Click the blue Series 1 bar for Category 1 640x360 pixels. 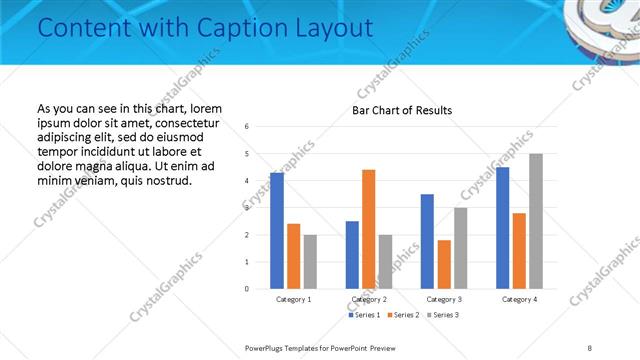[x=277, y=231]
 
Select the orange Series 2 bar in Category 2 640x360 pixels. [x=368, y=229]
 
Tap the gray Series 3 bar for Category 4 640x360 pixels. [x=536, y=221]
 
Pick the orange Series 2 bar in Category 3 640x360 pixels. [x=443, y=264]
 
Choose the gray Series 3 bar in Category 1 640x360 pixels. [x=310, y=262]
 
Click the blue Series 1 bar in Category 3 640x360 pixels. [x=427, y=241]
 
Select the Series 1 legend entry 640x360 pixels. [x=364, y=315]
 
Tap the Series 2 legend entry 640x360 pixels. [x=402, y=315]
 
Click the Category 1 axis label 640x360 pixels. [x=293, y=299]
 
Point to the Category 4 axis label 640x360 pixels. [x=519, y=299]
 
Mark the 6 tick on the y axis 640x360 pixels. [x=247, y=127]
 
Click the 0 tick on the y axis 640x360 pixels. [x=247, y=289]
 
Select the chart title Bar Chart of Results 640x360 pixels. [x=402, y=110]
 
